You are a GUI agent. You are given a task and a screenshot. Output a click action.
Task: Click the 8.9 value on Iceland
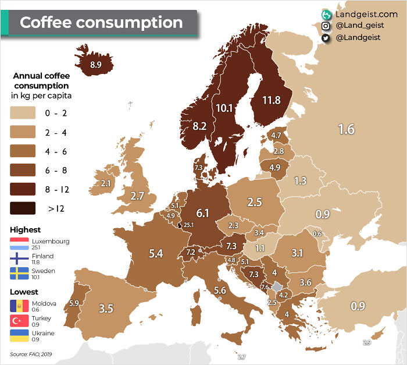pyautogui.click(x=96, y=65)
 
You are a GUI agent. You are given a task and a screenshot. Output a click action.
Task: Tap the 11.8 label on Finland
pyautogui.click(x=271, y=100)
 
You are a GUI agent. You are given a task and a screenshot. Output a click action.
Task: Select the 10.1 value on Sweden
pyautogui.click(x=224, y=108)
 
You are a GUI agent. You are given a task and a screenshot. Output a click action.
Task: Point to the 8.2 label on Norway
pyautogui.click(x=199, y=126)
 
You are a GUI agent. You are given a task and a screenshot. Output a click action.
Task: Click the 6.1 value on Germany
pyautogui.click(x=202, y=213)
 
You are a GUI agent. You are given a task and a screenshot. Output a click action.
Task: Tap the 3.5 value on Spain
pyautogui.click(x=106, y=309)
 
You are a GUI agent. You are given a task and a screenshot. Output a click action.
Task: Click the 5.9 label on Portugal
pyautogui.click(x=74, y=303)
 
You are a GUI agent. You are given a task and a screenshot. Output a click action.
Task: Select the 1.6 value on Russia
pyautogui.click(x=346, y=129)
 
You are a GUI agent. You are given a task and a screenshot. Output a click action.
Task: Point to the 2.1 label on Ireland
pyautogui.click(x=105, y=183)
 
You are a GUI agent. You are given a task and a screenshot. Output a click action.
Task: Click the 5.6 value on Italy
pyautogui.click(x=220, y=290)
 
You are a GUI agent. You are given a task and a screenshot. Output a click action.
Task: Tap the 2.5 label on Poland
pyautogui.click(x=255, y=202)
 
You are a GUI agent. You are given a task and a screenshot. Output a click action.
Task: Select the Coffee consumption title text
pyautogui.click(x=101, y=23)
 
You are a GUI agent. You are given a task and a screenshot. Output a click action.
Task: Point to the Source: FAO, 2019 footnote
pyautogui.click(x=31, y=354)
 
